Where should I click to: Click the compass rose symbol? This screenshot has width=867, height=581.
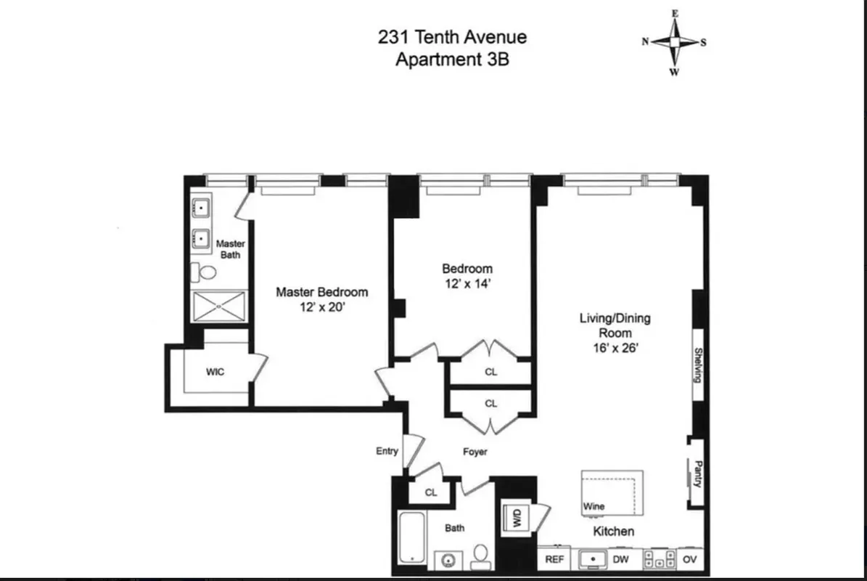(674, 42)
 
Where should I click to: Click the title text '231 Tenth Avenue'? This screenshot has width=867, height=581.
(452, 37)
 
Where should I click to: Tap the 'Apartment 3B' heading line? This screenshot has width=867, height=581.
(452, 60)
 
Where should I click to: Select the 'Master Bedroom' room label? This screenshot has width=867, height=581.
(321, 292)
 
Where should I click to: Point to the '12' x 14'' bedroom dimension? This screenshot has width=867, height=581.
(467, 284)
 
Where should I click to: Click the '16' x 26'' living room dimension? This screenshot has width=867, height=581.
(615, 347)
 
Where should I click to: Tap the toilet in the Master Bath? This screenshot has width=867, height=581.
(205, 272)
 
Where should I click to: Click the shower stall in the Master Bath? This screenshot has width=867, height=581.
(218, 306)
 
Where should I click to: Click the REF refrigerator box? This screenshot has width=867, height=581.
(554, 560)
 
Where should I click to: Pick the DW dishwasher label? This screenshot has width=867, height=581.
(621, 560)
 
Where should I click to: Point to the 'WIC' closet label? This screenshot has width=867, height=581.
(215, 372)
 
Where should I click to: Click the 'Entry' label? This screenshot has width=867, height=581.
(387, 451)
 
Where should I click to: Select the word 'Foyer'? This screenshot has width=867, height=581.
(475, 452)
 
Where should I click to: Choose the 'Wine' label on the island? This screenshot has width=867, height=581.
(593, 506)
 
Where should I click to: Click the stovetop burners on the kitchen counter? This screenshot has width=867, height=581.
(659, 560)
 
